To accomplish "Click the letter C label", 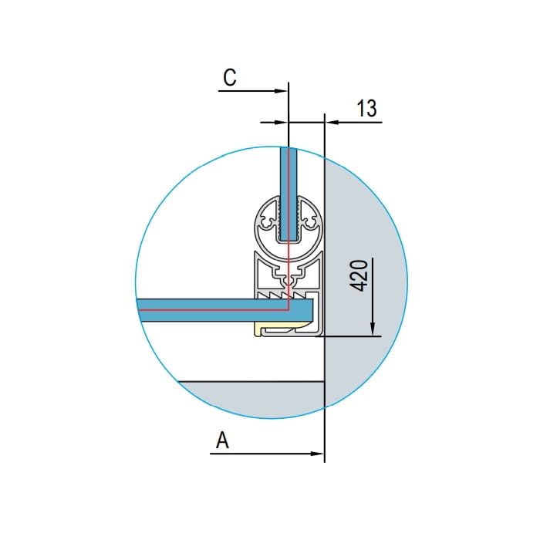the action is pyautogui.click(x=230, y=77).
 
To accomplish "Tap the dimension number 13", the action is pyautogui.click(x=366, y=108).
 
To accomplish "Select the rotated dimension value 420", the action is pyautogui.click(x=359, y=276).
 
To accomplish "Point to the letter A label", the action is pyautogui.click(x=222, y=440).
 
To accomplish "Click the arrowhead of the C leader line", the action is pyautogui.click(x=280, y=91).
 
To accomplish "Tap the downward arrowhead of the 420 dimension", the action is pyautogui.click(x=373, y=329).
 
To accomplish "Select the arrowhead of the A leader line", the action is pyautogui.click(x=317, y=454).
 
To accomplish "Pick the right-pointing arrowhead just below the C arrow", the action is pyautogui.click(x=281, y=122).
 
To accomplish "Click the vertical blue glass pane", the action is pyautogui.click(x=289, y=194).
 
